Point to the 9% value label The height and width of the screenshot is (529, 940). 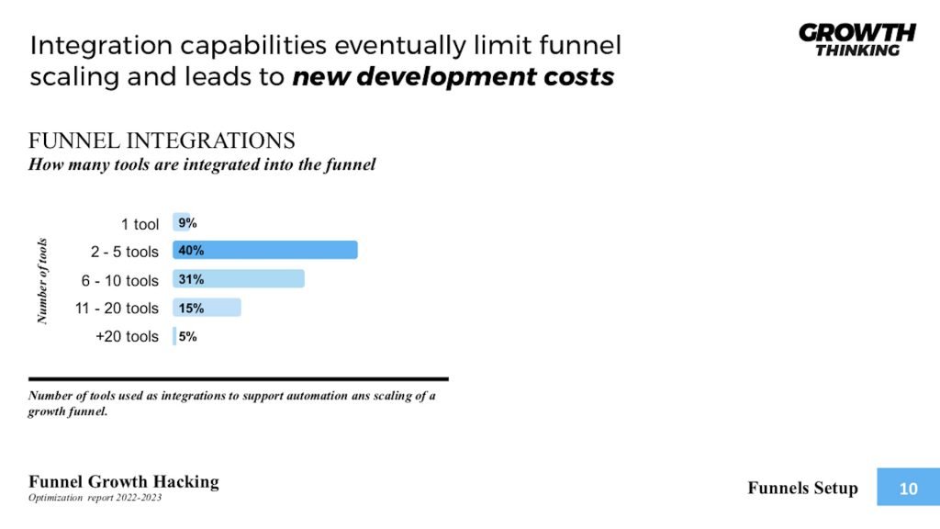pos(187,223)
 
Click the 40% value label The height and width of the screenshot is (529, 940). pos(191,251)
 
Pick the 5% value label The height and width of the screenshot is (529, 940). pos(187,336)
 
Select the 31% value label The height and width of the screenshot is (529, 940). pos(191,279)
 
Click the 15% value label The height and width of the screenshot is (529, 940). pos(191,309)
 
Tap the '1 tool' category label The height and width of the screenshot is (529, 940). pos(140,224)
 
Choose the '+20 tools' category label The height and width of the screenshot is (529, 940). pos(127,336)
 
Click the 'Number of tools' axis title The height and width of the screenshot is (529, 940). pos(41,281)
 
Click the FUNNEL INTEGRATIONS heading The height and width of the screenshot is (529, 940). pos(162,141)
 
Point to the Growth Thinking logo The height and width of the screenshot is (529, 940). pos(856,39)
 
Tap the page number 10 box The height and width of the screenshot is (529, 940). pos(907,489)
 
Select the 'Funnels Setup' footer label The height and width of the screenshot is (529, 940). pos(802,488)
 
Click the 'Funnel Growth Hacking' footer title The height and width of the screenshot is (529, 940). pos(124,481)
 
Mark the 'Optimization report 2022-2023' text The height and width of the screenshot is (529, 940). pos(95,498)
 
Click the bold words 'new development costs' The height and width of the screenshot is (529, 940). pos(453,77)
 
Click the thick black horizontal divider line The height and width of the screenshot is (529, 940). pos(239,378)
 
